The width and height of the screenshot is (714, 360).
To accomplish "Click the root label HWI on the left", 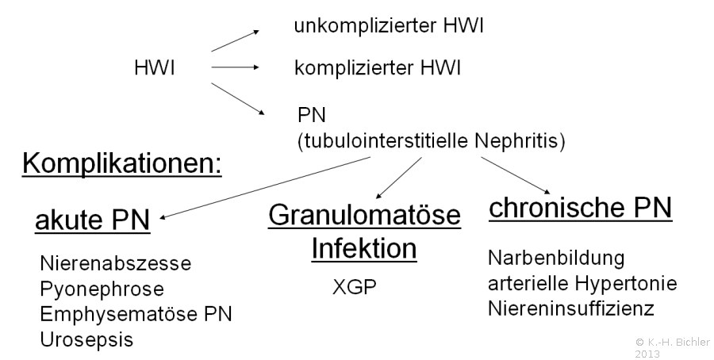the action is pos(155,68).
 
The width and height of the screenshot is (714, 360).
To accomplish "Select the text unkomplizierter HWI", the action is pos(389,25).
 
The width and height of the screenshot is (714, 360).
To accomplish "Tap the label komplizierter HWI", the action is pos(378,68).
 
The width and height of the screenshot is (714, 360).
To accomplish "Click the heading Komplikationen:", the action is pos(122,163).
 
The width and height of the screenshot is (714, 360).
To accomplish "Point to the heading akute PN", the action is pos(93,220).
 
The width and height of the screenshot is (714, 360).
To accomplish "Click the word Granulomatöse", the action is pos(364,215).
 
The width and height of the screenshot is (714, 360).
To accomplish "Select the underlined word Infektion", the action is pos(364,248).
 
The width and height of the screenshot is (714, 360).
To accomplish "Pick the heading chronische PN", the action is pos(581,209).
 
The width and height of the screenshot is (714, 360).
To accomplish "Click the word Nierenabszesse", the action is pos(116,263).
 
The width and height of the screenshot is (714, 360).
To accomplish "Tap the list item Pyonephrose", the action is pos(102,289).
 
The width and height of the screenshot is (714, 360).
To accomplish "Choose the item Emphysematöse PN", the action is pos(136,315).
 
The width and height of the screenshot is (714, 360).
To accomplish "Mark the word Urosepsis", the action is pos(86,340).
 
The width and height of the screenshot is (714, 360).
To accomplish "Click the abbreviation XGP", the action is pos(355,287).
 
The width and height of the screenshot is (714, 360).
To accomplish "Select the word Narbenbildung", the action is pos(556,258).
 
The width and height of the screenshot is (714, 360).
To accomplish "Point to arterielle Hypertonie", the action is pos(582,284).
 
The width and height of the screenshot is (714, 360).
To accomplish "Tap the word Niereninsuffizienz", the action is pos(571,308).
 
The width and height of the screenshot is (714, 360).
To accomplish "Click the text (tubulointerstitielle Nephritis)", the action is pos(432,141).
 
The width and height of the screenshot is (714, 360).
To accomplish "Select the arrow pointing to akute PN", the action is pos(265,188).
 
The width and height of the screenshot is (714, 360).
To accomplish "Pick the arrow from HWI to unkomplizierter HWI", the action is pos(236,41).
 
